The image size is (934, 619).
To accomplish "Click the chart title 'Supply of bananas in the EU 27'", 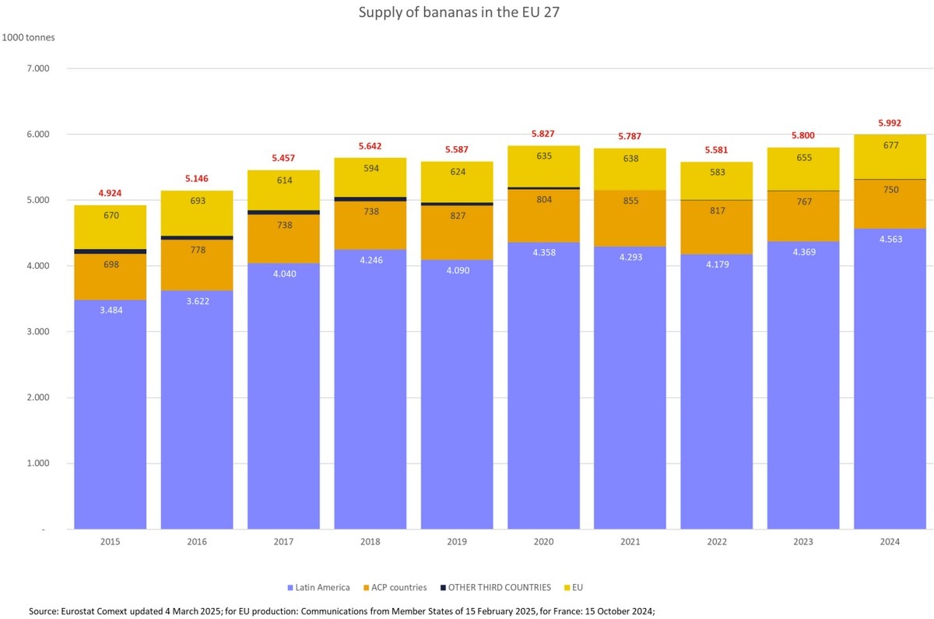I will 458,13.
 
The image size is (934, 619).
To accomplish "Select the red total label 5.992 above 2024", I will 890,122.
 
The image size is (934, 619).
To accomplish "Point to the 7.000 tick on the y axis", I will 38,68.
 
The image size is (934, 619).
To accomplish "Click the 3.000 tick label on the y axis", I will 38,332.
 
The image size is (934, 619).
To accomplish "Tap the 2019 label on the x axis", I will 458,542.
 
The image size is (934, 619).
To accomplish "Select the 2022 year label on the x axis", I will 717,542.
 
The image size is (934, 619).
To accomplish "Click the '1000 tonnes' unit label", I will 29,37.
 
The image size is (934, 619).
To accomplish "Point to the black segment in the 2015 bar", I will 111,251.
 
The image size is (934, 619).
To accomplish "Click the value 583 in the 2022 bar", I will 717,170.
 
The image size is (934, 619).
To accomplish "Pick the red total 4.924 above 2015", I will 111,193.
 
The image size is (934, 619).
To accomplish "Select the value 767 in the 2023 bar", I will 803,201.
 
